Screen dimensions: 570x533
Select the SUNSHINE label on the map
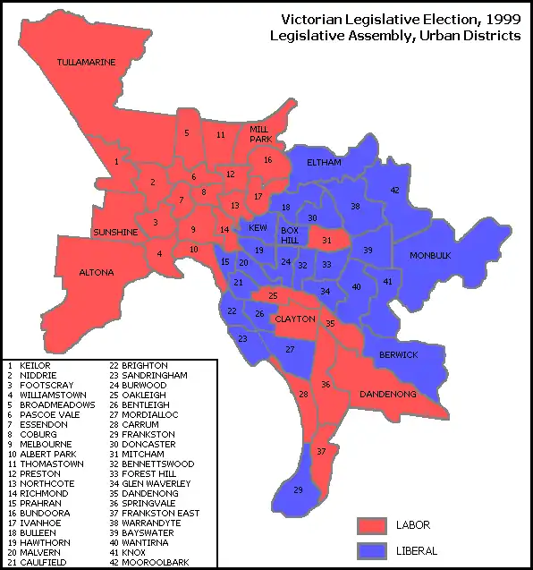click(x=116, y=233)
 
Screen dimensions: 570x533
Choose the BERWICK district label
click(x=398, y=354)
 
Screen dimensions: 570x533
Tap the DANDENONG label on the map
click(x=386, y=394)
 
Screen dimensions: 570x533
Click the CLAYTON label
click(x=295, y=319)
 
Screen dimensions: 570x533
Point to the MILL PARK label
click(x=260, y=134)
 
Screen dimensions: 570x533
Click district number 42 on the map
click(x=394, y=190)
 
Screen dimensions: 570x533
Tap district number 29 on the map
click(x=299, y=489)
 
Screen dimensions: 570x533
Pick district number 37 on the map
click(x=322, y=452)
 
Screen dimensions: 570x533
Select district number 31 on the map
click(x=326, y=240)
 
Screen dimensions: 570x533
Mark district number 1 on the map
click(x=116, y=161)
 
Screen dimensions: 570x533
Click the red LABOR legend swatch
click(x=370, y=523)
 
